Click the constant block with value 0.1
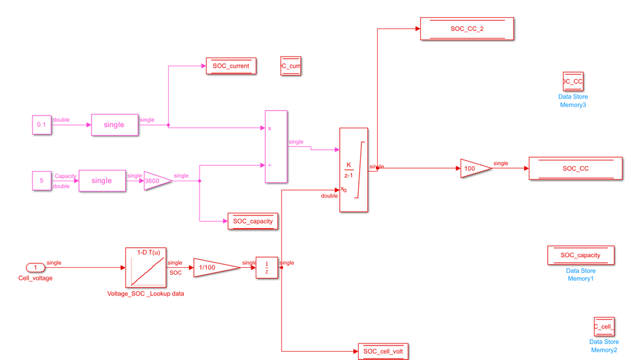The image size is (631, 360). click(x=42, y=125)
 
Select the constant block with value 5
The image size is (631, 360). click(x=42, y=181)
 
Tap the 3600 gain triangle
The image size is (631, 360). click(x=157, y=181)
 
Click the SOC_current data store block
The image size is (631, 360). click(x=231, y=66)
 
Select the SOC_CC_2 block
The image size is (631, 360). click(x=467, y=29)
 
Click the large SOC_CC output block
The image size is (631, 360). click(x=575, y=169)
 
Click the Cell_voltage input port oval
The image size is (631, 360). click(x=35, y=268)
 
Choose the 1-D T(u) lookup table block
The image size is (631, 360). click(x=146, y=268)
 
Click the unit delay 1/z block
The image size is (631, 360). click(x=267, y=268)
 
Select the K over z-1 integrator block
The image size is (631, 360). click(x=353, y=170)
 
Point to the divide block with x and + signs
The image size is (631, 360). click(x=275, y=147)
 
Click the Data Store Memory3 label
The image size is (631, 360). click(x=573, y=101)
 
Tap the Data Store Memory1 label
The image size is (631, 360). click(x=580, y=275)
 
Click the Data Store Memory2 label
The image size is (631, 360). click(x=604, y=346)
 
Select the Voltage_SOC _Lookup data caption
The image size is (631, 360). click(x=146, y=294)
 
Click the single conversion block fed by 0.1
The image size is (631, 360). click(x=114, y=125)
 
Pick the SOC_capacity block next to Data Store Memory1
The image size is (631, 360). click(x=580, y=256)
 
